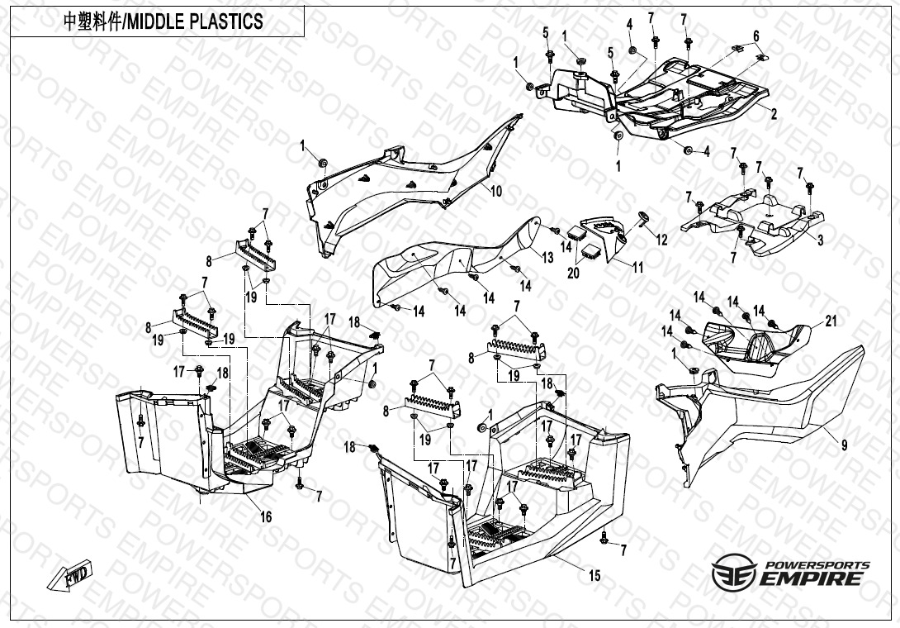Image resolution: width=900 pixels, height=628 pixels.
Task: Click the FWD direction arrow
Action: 69,575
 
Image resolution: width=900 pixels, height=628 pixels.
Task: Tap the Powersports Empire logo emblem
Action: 733,573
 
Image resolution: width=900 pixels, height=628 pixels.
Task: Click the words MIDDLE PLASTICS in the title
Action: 194,21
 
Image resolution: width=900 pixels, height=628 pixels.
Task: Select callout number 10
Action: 496,191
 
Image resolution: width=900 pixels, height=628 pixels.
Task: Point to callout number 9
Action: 845,445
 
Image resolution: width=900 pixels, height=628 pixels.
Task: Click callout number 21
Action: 831,321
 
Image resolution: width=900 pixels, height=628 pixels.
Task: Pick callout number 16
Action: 266,517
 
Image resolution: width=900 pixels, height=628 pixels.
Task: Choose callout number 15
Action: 594,575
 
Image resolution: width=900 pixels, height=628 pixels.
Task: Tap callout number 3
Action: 820,240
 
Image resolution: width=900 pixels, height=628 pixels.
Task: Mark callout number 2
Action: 774,114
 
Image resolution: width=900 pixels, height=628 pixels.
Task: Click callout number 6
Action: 756,36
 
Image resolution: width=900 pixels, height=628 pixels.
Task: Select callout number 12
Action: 662,240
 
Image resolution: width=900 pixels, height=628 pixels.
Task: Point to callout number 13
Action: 547,258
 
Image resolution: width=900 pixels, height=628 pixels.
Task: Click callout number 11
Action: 637,267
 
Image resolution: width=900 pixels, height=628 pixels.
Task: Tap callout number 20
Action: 573,273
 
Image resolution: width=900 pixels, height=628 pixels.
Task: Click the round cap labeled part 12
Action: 642,217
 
